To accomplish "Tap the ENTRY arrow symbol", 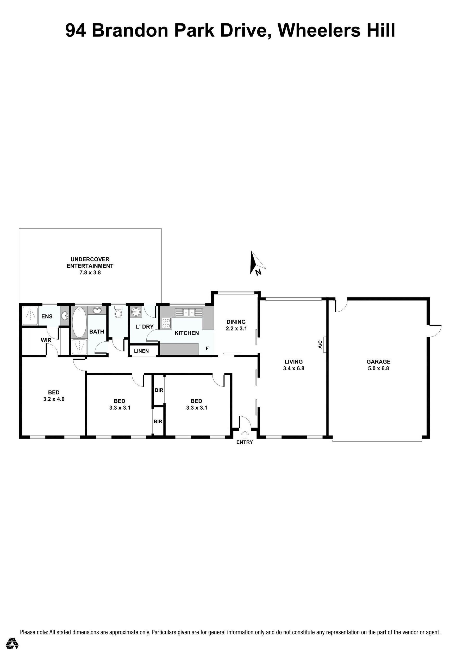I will [245, 434].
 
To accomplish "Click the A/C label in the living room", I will [320, 344].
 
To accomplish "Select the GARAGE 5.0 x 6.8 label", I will [378, 365].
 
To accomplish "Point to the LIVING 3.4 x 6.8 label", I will [294, 365].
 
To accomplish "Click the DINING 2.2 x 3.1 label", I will [236, 325].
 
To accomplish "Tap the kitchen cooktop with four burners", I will [166, 323].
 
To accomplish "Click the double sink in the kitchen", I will [189, 312].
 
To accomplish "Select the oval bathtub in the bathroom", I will [79, 322].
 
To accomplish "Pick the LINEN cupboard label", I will [141, 351].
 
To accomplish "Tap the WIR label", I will [46, 340].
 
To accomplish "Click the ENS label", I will [47, 316].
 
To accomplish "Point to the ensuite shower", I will [30, 316].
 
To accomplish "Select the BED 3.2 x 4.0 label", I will [54, 396].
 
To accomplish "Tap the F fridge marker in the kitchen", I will [207, 348].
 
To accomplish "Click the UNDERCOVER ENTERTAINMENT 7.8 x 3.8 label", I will [90, 265].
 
